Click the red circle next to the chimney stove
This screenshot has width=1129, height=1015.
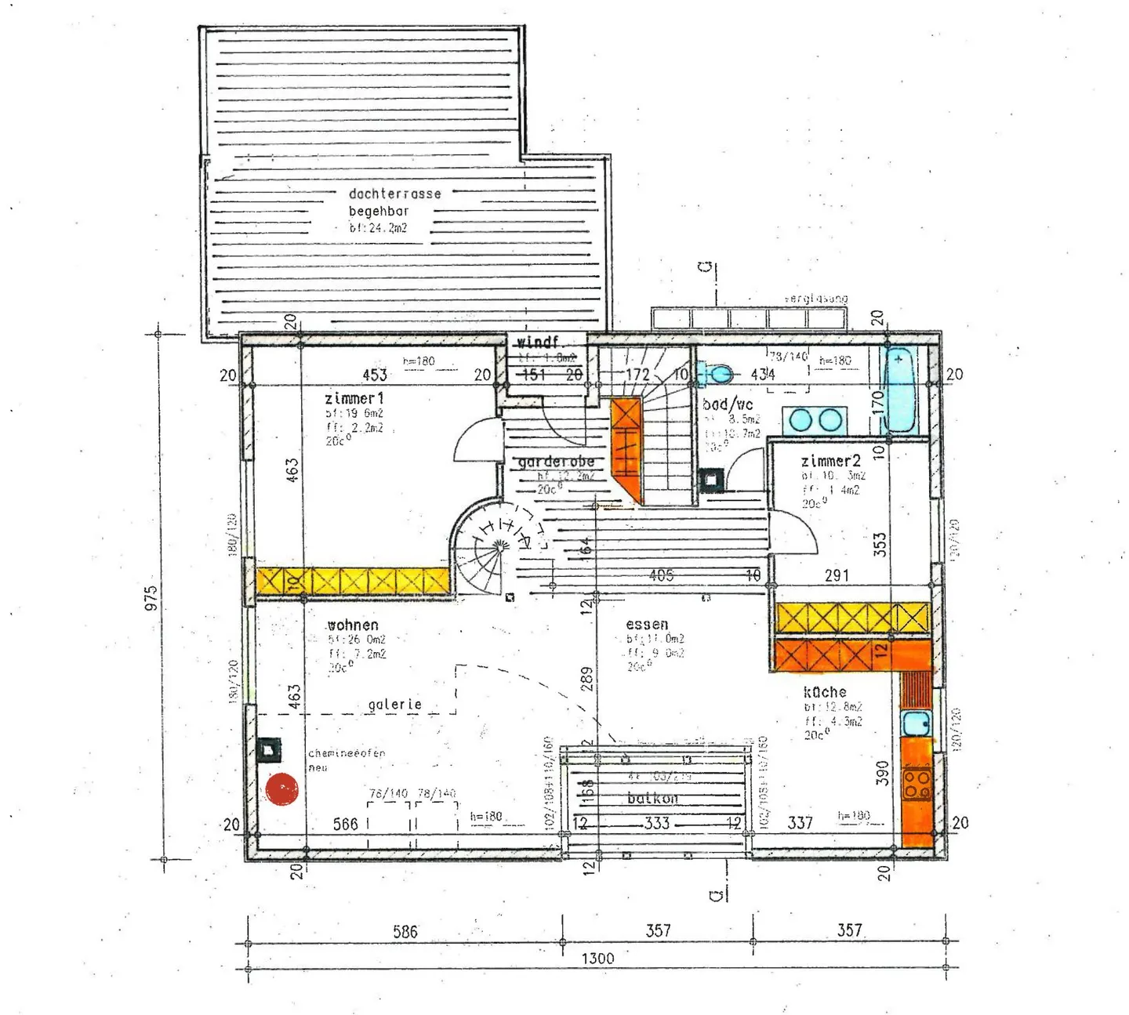(x=282, y=789)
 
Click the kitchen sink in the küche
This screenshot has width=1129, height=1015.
(x=915, y=723)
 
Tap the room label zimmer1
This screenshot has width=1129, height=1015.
(x=354, y=399)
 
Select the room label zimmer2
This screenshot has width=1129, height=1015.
(x=830, y=461)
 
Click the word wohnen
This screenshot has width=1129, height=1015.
(x=353, y=625)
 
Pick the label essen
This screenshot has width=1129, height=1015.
(x=647, y=624)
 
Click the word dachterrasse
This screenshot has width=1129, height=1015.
(x=394, y=194)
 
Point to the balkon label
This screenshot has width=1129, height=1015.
(x=652, y=799)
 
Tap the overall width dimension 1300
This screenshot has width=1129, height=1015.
(x=597, y=958)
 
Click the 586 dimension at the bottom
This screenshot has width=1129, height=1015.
(x=405, y=931)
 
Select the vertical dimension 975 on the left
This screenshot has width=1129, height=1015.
(x=151, y=597)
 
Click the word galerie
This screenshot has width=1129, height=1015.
(x=394, y=705)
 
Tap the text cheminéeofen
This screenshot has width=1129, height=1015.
(x=347, y=753)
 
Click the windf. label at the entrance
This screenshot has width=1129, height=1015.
(x=538, y=343)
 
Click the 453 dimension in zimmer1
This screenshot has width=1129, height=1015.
(x=375, y=375)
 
